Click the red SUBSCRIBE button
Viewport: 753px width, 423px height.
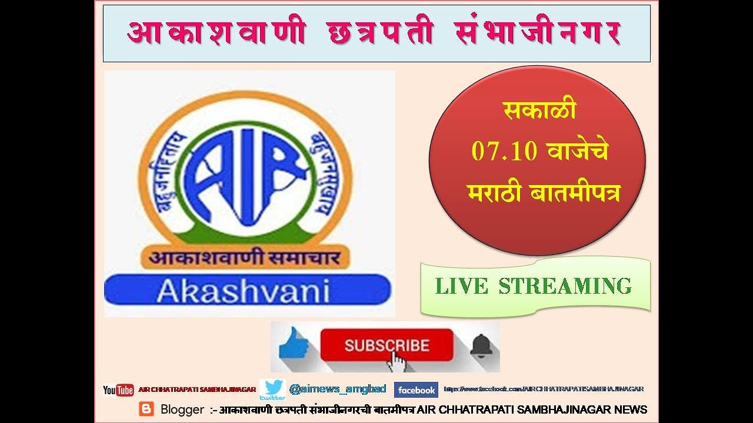[387, 345]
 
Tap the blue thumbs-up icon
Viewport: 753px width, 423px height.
[294, 344]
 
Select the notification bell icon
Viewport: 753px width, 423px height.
[481, 345]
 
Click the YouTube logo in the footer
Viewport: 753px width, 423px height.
[118, 390]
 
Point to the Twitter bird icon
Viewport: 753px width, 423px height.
[272, 390]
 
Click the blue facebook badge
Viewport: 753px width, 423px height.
[416, 390]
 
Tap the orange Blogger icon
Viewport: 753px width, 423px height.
[146, 409]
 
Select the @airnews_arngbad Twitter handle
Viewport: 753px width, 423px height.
[338, 390]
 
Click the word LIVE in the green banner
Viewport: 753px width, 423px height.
[461, 286]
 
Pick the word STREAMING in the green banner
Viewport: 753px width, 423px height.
[565, 286]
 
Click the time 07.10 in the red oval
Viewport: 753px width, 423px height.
[504, 152]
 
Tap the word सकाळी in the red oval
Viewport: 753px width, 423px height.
[539, 110]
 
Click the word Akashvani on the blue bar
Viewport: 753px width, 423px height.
[243, 291]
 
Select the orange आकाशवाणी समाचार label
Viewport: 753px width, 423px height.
[245, 257]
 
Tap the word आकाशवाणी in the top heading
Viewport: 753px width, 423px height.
[216, 33]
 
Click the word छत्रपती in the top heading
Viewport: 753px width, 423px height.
[380, 33]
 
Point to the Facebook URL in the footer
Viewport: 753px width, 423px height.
[544, 389]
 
